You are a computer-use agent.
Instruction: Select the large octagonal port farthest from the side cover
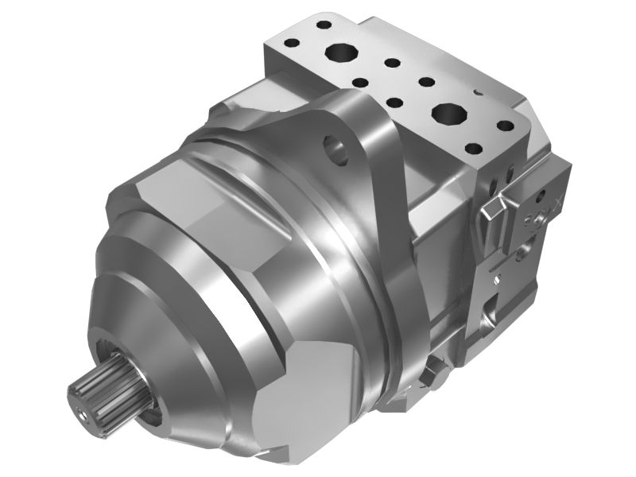point(342,53)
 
